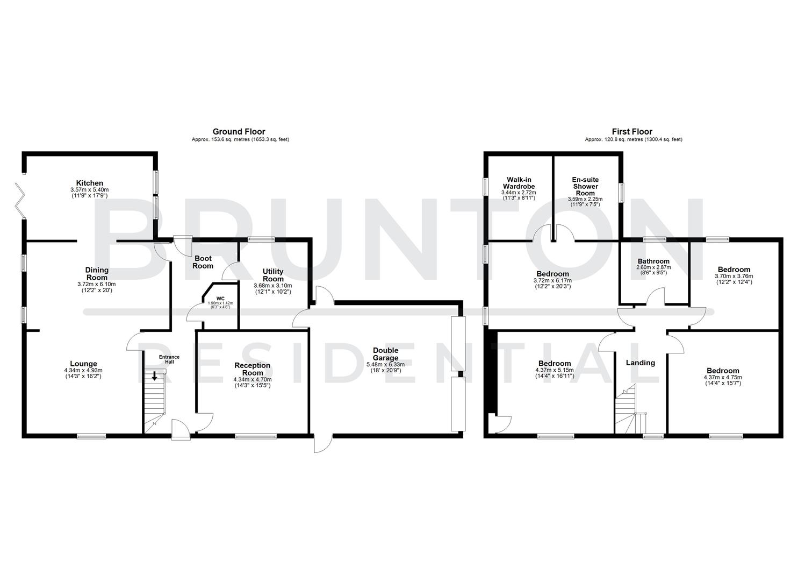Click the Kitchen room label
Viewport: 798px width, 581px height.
pos(90,183)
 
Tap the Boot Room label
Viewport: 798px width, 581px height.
pos(204,262)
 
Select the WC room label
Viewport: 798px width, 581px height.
pos(220,299)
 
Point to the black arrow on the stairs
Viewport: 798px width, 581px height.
pos(154,376)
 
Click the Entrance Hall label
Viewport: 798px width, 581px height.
pos(169,359)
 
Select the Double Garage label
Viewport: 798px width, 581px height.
pos(386,354)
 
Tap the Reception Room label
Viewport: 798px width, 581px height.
pos(253,369)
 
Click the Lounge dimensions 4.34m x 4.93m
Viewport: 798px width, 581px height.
pos(83,370)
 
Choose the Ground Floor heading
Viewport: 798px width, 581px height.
pos(239,131)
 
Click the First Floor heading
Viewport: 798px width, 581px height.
pos(632,131)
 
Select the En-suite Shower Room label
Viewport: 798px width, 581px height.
pos(585,186)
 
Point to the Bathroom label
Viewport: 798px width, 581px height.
pos(653,261)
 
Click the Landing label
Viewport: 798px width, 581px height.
pos(641,363)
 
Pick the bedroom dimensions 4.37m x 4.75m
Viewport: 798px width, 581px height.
pos(723,377)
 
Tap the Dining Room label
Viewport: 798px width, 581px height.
pos(97,273)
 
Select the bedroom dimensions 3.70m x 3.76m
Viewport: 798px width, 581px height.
pos(734,276)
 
